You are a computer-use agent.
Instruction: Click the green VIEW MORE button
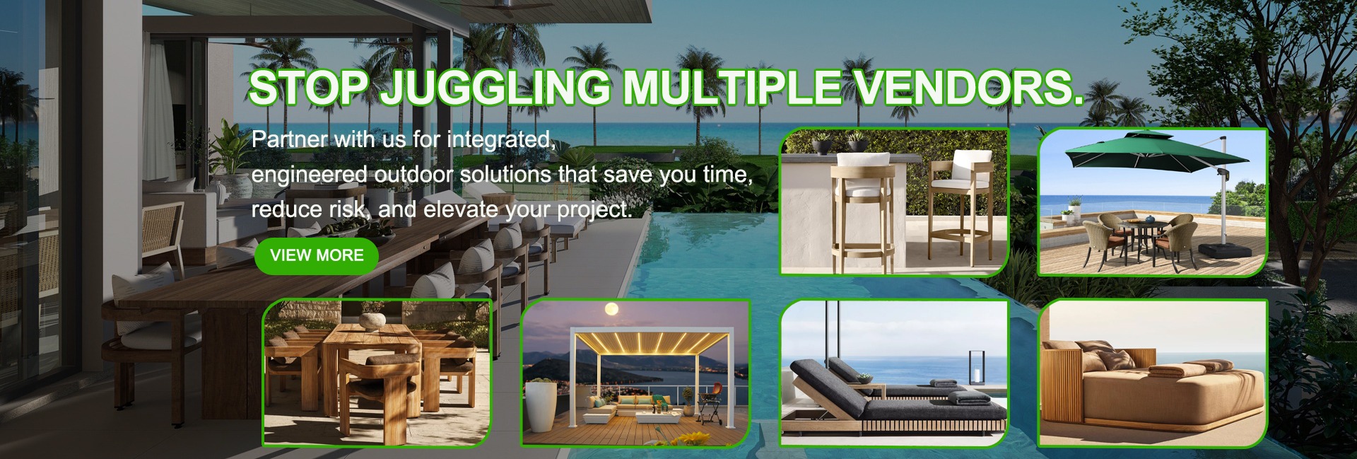pyautogui.click(x=316, y=255)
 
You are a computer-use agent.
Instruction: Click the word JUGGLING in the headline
pyautogui.click(x=495, y=88)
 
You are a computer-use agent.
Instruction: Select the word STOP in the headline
pyautogui.click(x=308, y=87)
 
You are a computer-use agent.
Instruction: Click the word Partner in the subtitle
pyautogui.click(x=289, y=139)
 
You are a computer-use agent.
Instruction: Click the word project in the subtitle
pyautogui.click(x=594, y=210)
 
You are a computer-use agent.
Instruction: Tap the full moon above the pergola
pyautogui.click(x=612, y=308)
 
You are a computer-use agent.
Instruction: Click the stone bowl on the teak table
pyautogui.click(x=372, y=320)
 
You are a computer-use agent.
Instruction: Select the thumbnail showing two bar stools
pyautogui.click(x=894, y=202)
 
